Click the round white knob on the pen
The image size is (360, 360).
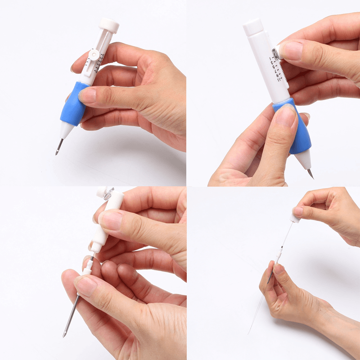(93, 54)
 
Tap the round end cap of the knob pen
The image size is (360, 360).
(109, 25)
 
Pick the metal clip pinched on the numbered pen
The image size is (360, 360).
(276, 53)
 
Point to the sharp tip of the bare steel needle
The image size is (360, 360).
(64, 335)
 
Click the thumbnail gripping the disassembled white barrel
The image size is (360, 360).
(109, 220)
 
